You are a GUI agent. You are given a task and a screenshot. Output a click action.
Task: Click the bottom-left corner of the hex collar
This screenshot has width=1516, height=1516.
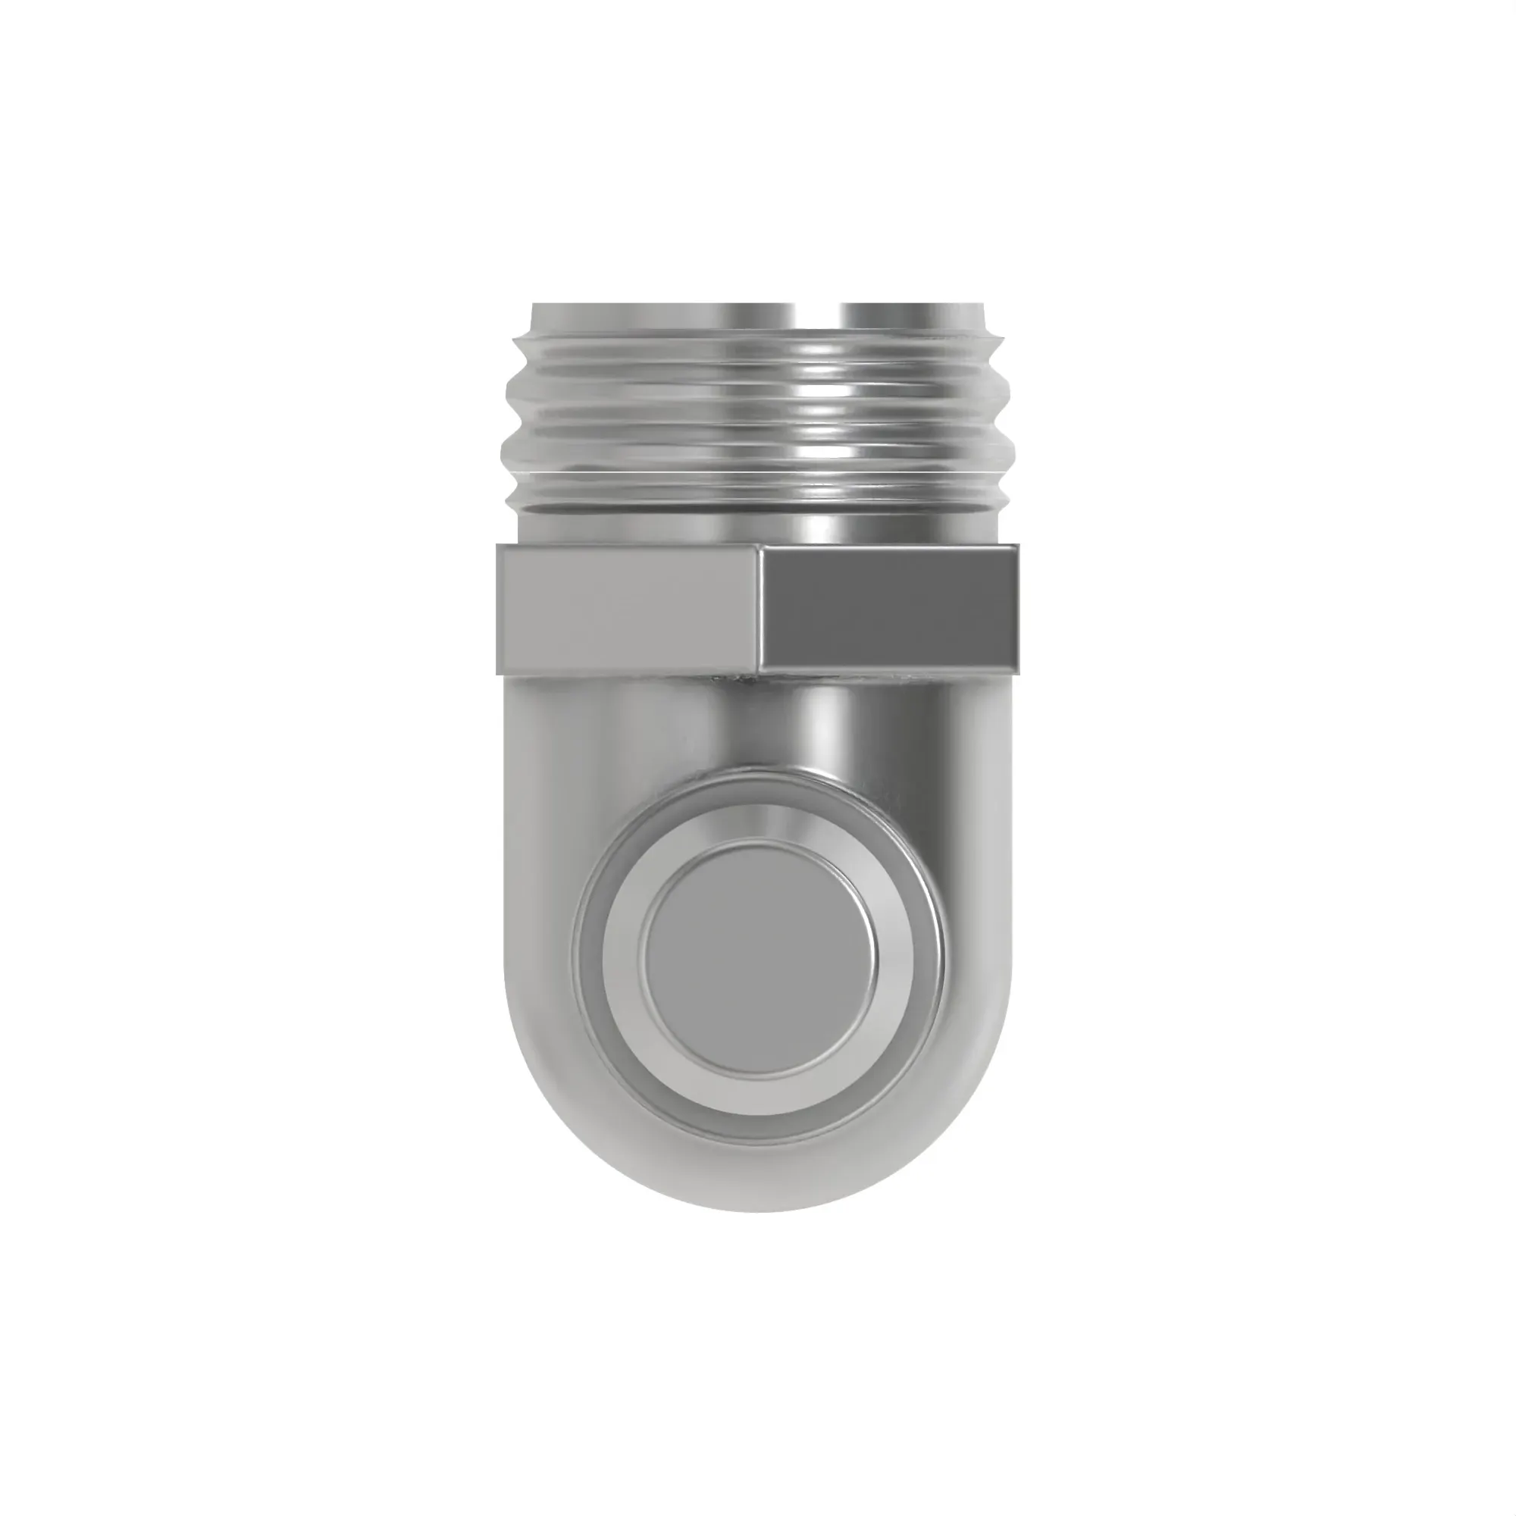(x=499, y=672)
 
